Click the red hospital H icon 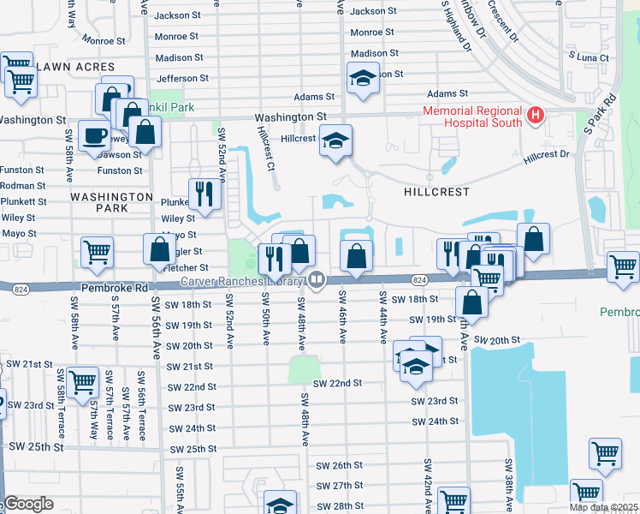(536, 115)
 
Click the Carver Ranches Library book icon (317, 279)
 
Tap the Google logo (28, 504)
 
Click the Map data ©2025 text (603, 507)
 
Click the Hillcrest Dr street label (547, 155)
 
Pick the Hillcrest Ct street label (265, 146)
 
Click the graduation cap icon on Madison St (363, 80)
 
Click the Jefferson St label (182, 78)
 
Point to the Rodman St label (23, 186)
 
